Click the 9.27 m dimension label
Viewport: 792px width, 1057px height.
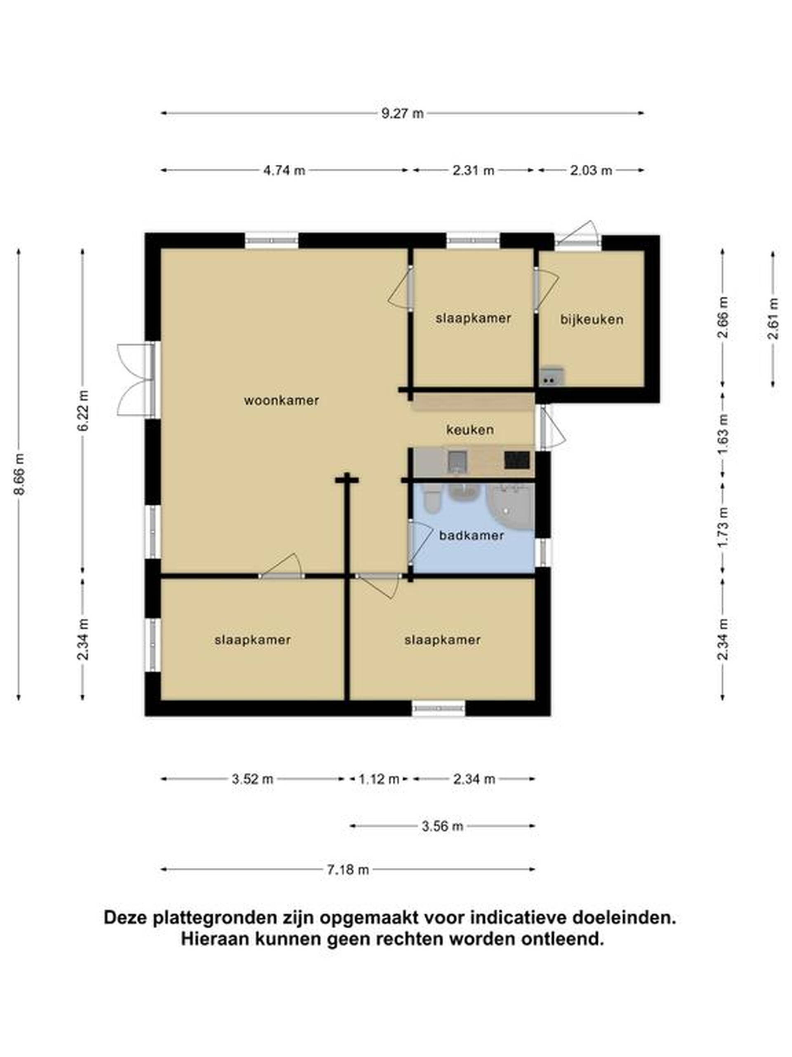pos(402,113)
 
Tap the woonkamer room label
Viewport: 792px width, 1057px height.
pos(281,401)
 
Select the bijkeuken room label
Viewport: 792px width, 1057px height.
pos(592,320)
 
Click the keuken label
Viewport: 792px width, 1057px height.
pos(470,430)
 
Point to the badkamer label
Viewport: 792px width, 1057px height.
pos(471,535)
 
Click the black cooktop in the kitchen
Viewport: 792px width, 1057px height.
pos(517,460)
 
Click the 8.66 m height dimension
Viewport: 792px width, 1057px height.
pos(19,475)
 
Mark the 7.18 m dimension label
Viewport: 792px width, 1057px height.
pos(348,870)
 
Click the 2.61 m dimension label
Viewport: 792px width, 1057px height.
pos(773,318)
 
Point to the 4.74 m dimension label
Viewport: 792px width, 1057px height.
pos(284,170)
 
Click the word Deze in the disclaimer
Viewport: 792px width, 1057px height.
pos(126,918)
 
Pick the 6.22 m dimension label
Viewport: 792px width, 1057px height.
pos(83,410)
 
